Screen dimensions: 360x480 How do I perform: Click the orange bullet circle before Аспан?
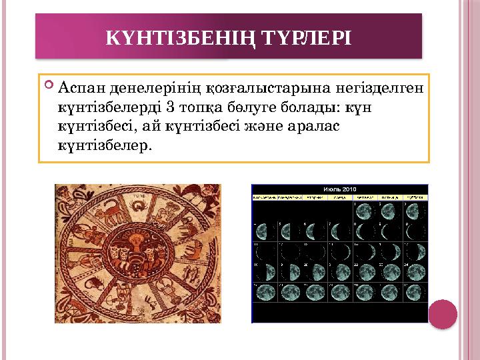(50, 86)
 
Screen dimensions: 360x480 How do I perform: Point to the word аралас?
(313, 125)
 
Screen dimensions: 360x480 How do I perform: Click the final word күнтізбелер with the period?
(105, 143)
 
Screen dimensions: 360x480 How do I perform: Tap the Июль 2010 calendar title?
(339, 189)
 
